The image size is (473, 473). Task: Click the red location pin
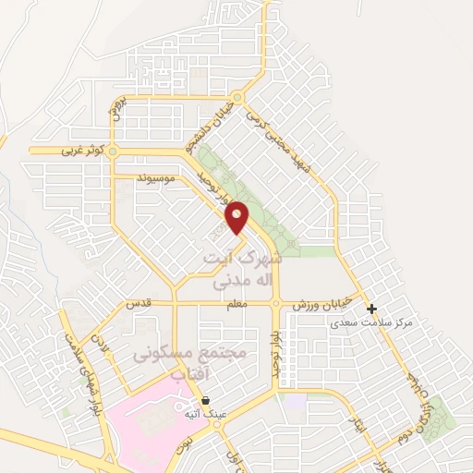point(237,216)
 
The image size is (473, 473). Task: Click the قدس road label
point(137,304)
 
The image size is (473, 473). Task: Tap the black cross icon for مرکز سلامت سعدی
point(371,309)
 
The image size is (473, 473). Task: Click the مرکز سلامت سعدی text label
point(370,325)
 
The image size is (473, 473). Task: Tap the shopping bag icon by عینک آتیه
point(204,402)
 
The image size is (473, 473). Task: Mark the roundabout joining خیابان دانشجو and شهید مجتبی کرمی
point(238,97)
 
